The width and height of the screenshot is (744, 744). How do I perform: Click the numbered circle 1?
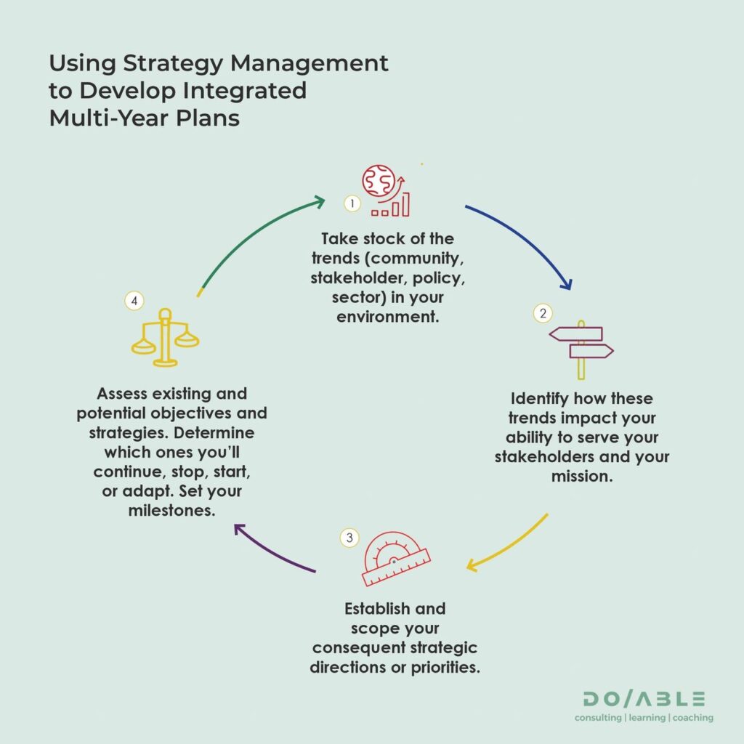coord(352,203)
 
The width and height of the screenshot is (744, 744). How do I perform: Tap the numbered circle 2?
coord(543,313)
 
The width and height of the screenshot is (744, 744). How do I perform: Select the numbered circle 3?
coord(349,538)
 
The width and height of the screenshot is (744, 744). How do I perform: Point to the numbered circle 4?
coord(134,301)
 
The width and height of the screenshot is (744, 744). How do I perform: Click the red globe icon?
coord(379,180)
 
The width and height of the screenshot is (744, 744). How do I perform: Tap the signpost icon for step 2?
coord(581,349)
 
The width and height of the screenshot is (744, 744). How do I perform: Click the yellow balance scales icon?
coord(165,337)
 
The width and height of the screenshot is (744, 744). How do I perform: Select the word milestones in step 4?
coord(171,511)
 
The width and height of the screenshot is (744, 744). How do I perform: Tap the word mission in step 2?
coord(582,477)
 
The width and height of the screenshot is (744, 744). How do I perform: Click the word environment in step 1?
coord(388,317)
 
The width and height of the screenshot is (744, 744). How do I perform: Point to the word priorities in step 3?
coord(445,668)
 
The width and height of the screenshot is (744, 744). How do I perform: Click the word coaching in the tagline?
coord(692,717)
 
